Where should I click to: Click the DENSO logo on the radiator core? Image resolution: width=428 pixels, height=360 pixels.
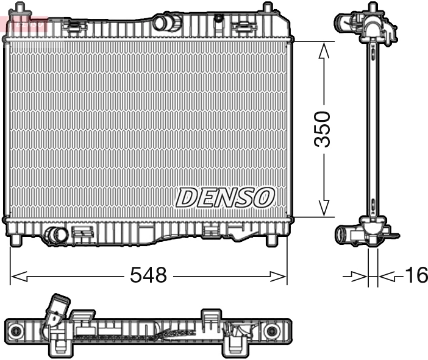pyautogui.click(x=226, y=197)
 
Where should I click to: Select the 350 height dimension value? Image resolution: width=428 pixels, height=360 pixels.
pyautogui.click(x=323, y=129)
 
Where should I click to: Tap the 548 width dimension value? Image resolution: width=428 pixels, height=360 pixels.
pyautogui.click(x=148, y=276)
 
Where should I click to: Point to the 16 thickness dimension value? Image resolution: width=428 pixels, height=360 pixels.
pyautogui.click(x=416, y=276)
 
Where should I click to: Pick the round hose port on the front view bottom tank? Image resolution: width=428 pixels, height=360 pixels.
pyautogui.click(x=57, y=235)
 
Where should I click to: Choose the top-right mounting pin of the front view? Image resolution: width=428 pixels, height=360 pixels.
pyautogui.click(x=266, y=9)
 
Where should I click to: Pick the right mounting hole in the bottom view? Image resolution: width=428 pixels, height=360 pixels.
pyautogui.click(x=271, y=331)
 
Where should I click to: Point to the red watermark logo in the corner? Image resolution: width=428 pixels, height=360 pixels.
pyautogui.click(x=24, y=24)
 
